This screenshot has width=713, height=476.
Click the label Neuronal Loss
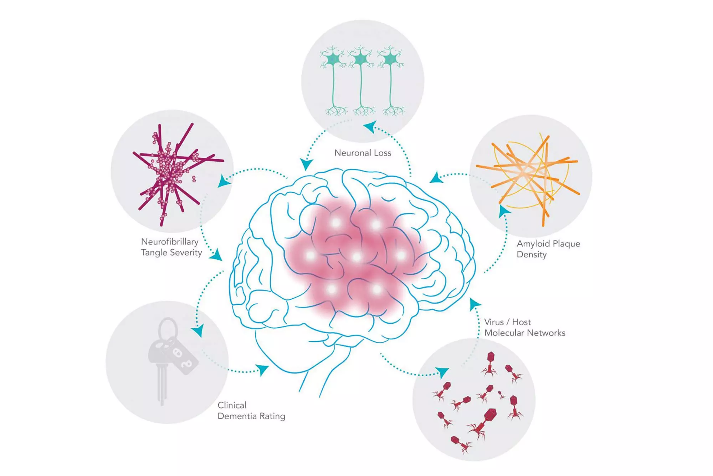[x=363, y=153]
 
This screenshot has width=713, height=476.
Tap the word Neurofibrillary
[x=170, y=242]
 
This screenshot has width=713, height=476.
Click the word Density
[x=532, y=255]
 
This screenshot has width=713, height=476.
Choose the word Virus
[x=494, y=322]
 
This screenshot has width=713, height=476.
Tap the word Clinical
[x=232, y=405]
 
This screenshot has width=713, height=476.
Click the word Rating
[x=272, y=416]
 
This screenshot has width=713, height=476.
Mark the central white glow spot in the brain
[x=356, y=257]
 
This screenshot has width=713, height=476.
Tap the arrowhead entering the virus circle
[x=442, y=372]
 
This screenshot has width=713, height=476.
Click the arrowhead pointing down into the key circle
[x=199, y=330]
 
